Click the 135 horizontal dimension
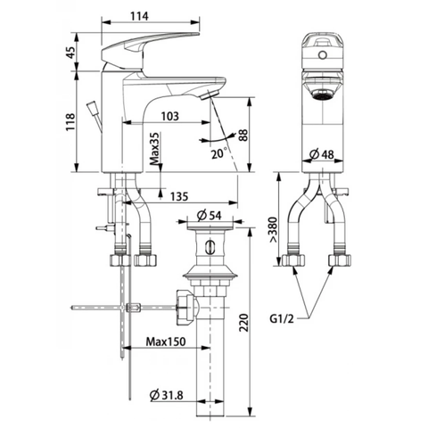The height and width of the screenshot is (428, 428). [178, 197]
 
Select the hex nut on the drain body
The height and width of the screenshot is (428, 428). [185, 308]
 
